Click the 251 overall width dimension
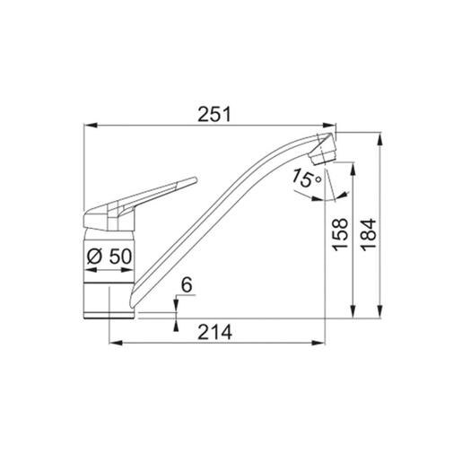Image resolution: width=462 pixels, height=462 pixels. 215,115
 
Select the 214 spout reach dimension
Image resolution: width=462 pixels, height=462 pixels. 215,331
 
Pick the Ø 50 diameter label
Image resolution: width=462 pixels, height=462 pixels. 109,257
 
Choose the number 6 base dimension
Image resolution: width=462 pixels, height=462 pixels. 187,284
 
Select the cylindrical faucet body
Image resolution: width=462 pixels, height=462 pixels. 109,269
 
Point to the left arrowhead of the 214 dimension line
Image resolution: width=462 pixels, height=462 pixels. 112,342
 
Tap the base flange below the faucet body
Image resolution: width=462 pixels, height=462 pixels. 110,313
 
